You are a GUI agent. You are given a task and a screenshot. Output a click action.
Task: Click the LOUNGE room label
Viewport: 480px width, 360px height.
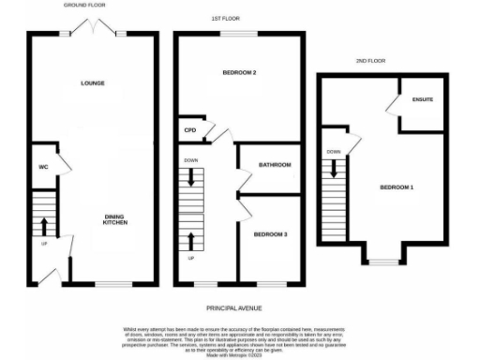[91, 83]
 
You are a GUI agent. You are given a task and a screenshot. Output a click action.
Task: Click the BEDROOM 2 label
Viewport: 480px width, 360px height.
[240, 72]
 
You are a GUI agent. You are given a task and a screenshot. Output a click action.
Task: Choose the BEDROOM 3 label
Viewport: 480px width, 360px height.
[269, 233]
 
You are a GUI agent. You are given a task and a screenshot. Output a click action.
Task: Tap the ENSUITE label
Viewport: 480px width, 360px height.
[423, 98]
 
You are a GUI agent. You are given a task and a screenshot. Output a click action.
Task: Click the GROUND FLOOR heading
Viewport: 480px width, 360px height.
[84, 6]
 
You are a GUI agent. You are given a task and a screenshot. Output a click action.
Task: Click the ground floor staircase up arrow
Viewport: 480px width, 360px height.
[43, 225]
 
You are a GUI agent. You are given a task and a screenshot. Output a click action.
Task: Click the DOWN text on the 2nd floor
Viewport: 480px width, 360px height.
[334, 152]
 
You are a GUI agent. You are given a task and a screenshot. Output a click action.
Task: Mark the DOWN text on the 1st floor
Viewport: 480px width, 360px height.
[190, 160]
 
